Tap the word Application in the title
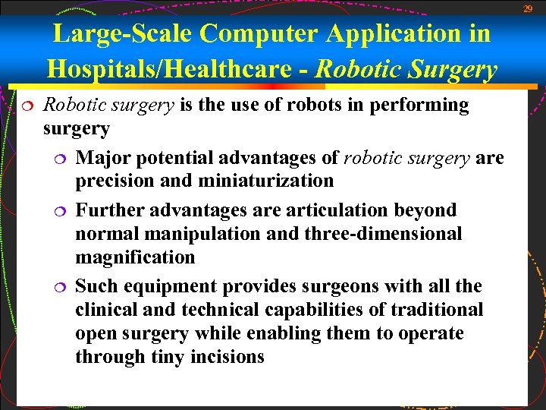[405, 33]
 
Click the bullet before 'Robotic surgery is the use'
[26, 106]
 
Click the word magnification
[135, 257]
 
